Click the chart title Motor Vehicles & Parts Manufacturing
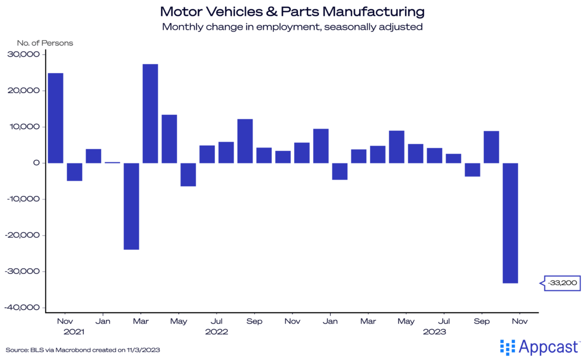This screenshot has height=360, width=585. coord(292,11)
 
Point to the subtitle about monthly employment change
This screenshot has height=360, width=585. coord(292,27)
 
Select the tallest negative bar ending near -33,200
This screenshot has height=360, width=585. coord(510,223)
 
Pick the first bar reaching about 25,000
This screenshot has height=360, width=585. coord(55,118)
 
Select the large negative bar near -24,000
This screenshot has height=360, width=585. coord(131,206)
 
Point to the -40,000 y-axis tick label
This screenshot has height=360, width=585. coord(22,307)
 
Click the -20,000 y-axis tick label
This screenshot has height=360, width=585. coord(22,235)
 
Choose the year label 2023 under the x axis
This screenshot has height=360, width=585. coord(434,331)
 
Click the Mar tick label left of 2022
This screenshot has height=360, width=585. coord(141,322)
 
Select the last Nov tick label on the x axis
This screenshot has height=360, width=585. coord(519,322)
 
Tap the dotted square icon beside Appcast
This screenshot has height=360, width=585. coord(507,347)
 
